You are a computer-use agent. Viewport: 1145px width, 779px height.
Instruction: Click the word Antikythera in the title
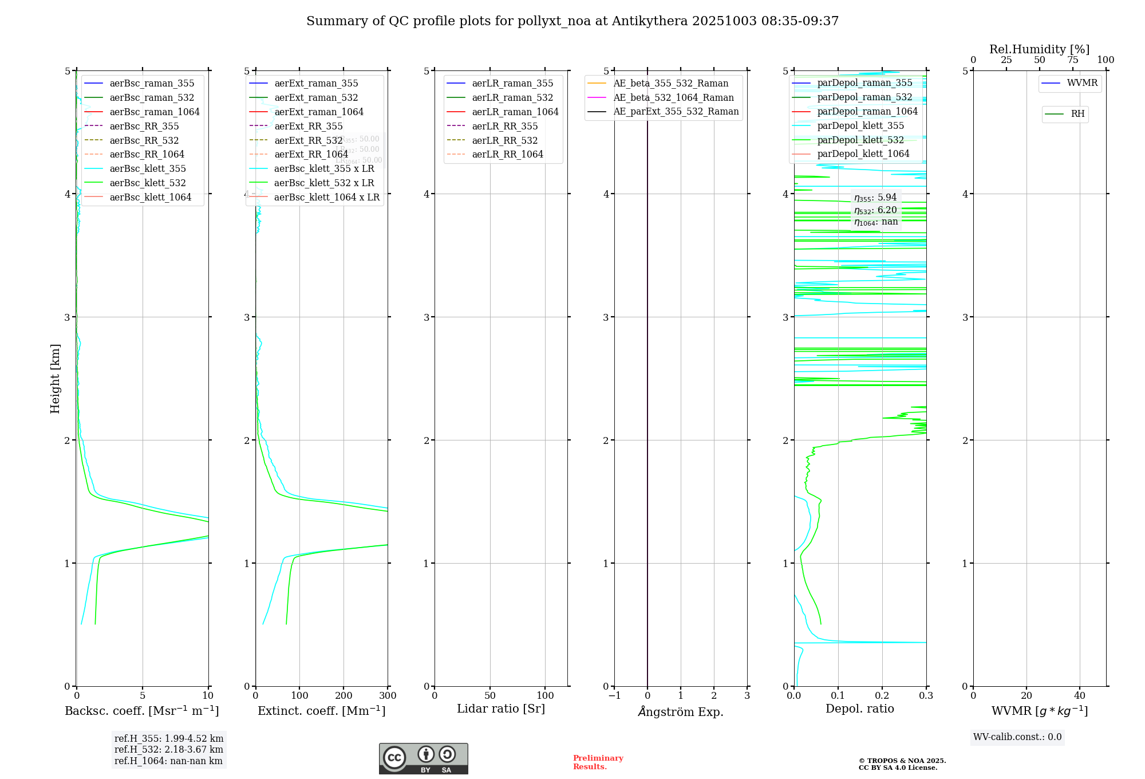pos(650,21)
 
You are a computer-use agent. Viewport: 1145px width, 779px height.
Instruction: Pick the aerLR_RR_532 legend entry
pos(504,140)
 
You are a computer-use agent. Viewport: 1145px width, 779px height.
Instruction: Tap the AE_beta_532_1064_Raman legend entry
pos(673,97)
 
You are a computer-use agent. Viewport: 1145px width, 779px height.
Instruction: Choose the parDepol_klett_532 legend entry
pos(860,140)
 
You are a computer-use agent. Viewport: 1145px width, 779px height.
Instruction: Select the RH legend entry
pos(1077,114)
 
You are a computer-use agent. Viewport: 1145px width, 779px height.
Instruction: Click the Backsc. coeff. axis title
pos(142,711)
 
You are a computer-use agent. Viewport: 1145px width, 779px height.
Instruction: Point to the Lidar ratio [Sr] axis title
pos(501,709)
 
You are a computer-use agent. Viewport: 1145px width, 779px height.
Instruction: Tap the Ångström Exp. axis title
pos(681,711)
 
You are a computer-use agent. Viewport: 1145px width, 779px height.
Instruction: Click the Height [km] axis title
pos(55,378)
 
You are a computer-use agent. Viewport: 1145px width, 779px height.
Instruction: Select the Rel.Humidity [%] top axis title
pos(1039,49)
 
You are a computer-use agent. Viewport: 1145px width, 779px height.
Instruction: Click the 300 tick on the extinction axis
pos(388,696)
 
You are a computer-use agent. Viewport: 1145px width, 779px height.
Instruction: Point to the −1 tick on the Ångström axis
pos(614,696)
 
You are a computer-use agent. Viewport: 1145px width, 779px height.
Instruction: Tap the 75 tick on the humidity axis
pos(1072,60)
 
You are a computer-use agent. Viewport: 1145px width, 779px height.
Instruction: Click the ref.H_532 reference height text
pos(169,749)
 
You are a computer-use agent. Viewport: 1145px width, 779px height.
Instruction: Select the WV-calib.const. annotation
pos(1017,737)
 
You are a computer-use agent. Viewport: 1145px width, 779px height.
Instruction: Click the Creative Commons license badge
pos(423,758)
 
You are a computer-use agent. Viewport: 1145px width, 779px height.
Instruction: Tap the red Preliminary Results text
pos(598,762)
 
